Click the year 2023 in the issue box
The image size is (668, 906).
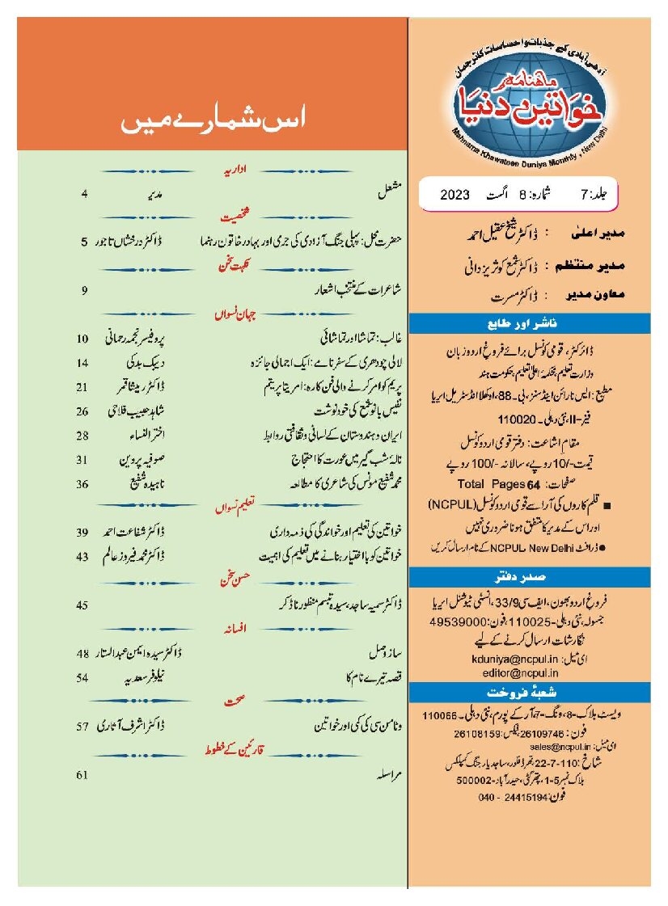(x=459, y=195)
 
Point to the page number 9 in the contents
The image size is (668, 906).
(x=83, y=288)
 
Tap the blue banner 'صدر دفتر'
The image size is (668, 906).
(x=530, y=577)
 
